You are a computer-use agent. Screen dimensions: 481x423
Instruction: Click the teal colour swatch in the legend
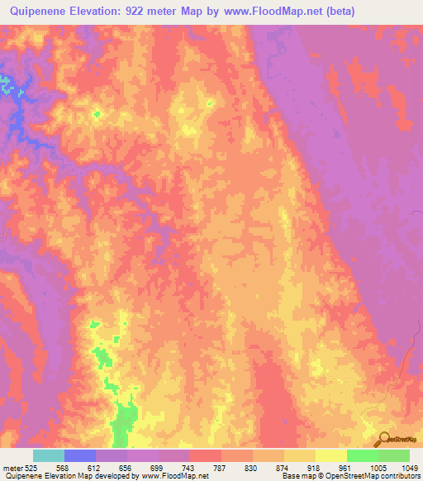(x=49, y=455)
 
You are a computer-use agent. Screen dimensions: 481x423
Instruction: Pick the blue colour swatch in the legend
(x=80, y=455)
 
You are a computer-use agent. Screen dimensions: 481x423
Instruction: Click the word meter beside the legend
(x=12, y=468)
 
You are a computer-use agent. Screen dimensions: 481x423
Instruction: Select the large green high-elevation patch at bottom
(x=125, y=421)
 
